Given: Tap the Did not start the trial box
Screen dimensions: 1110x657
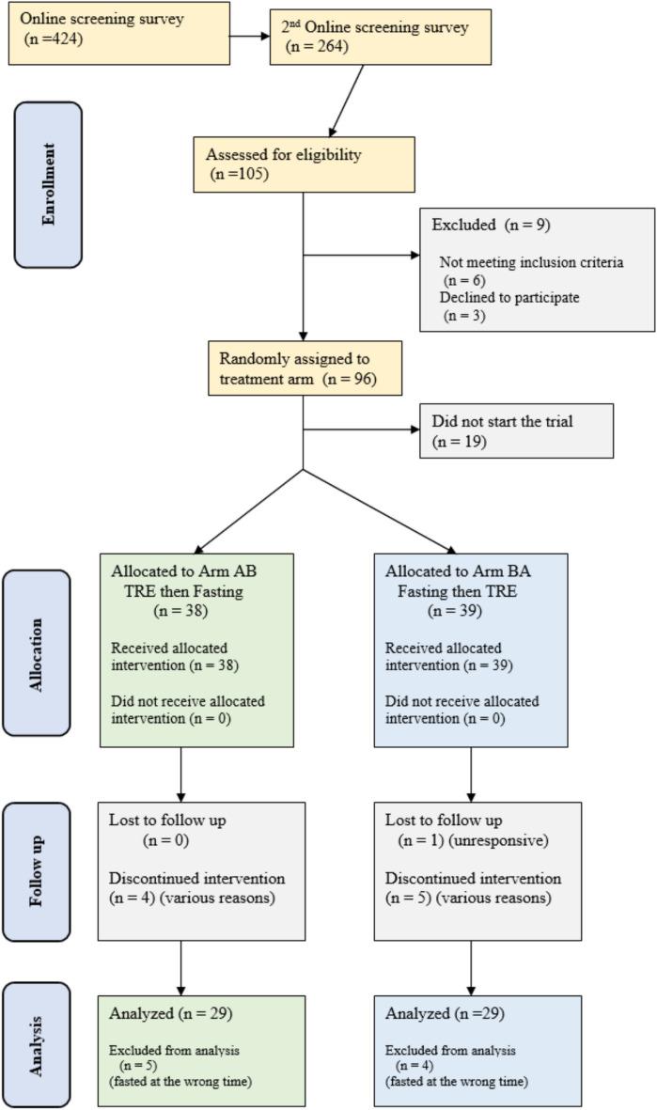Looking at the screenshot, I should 516,430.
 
